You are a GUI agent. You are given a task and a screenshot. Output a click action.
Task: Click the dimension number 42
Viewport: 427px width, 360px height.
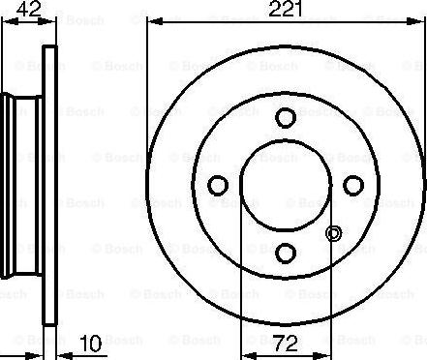(x=29, y=9)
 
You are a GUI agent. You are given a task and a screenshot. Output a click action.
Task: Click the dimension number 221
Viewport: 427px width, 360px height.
(x=286, y=9)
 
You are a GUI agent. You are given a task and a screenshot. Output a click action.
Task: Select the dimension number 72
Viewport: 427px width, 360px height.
(x=286, y=344)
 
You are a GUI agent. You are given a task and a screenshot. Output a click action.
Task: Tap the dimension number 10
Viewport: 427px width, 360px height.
(x=91, y=344)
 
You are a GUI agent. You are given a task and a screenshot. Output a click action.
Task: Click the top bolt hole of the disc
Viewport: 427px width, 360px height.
(x=286, y=117)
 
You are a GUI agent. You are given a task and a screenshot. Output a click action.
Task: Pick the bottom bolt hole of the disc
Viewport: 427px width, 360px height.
(x=286, y=253)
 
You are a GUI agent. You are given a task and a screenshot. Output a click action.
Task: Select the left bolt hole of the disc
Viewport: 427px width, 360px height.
(x=218, y=185)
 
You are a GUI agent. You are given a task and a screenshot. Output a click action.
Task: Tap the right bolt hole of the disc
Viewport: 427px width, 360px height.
(x=353, y=185)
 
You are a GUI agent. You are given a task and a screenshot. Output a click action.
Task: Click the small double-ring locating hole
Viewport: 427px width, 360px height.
(x=333, y=233)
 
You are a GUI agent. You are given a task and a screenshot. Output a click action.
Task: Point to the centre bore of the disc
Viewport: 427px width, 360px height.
(x=286, y=186)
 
